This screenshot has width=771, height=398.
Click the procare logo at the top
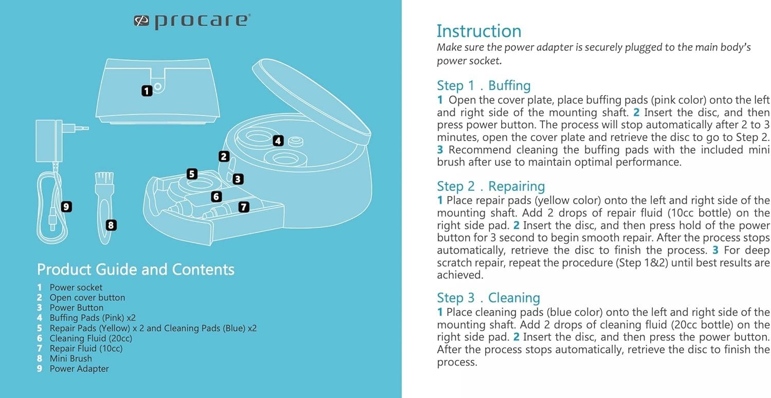tap(192, 21)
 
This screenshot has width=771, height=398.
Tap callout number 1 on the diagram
tap(147, 91)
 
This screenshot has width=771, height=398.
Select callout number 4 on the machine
tap(278, 140)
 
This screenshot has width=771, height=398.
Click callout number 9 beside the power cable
tap(66, 206)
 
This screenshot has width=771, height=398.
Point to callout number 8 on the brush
tap(111, 225)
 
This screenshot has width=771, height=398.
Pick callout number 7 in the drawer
tap(244, 207)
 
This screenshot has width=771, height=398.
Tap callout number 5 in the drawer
tap(192, 174)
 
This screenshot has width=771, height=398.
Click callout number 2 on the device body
tap(224, 157)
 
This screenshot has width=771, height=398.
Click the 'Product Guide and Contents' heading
tap(136, 270)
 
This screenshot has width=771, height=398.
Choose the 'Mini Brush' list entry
tap(70, 358)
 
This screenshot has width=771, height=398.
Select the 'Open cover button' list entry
tap(87, 297)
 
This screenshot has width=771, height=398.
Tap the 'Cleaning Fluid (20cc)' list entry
tap(90, 338)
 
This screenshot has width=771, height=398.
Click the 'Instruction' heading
tap(479, 31)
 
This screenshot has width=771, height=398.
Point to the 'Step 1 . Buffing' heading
tap(483, 85)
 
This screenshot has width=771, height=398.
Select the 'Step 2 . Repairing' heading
tap(490, 186)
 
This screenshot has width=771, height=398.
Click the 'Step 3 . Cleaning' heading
tap(488, 298)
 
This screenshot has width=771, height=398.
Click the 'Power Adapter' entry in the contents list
tap(79, 369)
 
